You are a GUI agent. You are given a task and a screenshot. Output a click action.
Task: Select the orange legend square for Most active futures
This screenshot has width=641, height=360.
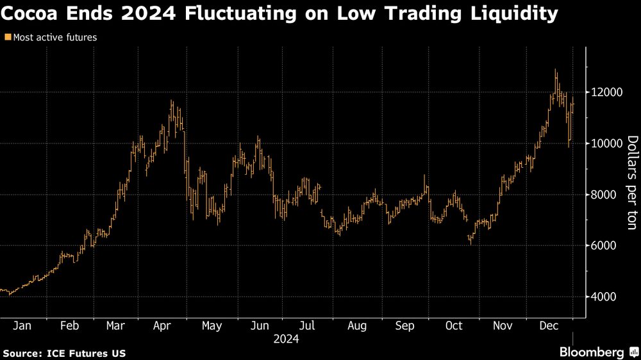click(x=8, y=38)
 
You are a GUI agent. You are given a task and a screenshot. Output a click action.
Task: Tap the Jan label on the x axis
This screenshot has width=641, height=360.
click(x=22, y=325)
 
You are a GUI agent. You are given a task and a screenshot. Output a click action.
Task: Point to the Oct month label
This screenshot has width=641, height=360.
click(x=454, y=325)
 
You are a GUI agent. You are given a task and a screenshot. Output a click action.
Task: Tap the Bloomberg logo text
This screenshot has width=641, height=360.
click(x=592, y=352)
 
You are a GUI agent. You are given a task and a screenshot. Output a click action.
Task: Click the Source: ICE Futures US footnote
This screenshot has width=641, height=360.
click(x=64, y=353)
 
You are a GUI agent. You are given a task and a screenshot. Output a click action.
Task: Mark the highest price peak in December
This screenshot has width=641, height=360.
click(x=555, y=70)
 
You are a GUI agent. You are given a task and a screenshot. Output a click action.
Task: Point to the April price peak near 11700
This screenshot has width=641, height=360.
click(x=171, y=101)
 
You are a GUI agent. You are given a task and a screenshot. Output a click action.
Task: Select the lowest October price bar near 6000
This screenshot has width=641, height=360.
click(x=470, y=243)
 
